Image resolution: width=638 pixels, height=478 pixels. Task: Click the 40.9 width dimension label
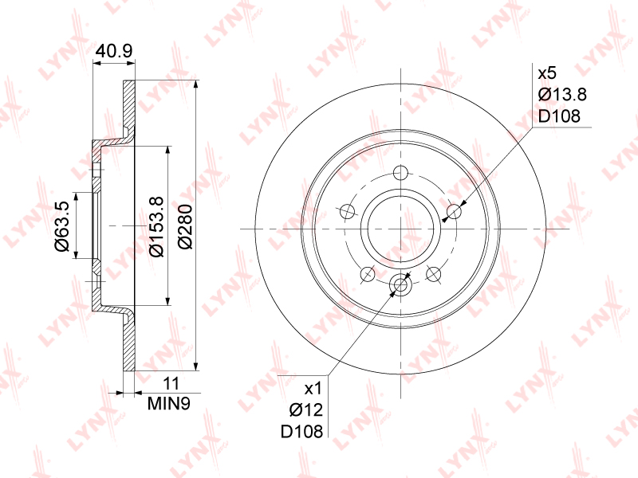[114, 51]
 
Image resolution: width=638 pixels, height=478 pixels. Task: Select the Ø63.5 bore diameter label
[63, 226]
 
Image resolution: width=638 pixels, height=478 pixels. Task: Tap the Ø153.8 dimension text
[156, 226]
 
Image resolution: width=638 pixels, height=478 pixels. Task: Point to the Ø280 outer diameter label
[185, 227]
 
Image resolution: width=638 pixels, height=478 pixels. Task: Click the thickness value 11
[171, 383]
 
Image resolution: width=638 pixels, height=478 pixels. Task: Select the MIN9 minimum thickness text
[169, 403]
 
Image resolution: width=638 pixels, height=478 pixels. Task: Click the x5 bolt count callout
[547, 73]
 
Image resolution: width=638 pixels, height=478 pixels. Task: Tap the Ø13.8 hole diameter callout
[562, 95]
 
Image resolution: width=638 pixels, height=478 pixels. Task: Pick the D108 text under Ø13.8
[559, 116]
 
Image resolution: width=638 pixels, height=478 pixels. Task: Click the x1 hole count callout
[313, 389]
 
